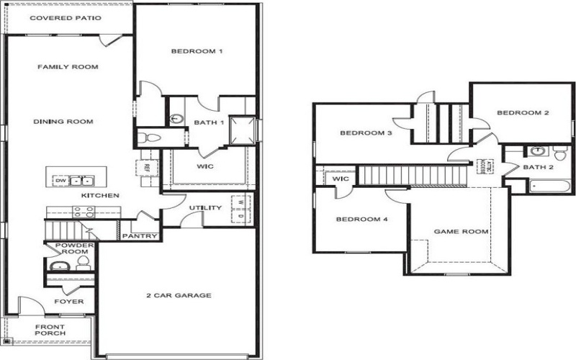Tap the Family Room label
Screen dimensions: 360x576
(68, 67)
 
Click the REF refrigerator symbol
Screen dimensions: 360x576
(146, 167)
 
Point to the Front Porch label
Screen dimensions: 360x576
(50, 330)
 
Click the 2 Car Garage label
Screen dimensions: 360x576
(179, 295)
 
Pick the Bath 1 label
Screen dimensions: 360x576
(209, 122)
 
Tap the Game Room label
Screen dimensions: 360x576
(461, 232)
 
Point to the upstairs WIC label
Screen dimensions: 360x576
(341, 179)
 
